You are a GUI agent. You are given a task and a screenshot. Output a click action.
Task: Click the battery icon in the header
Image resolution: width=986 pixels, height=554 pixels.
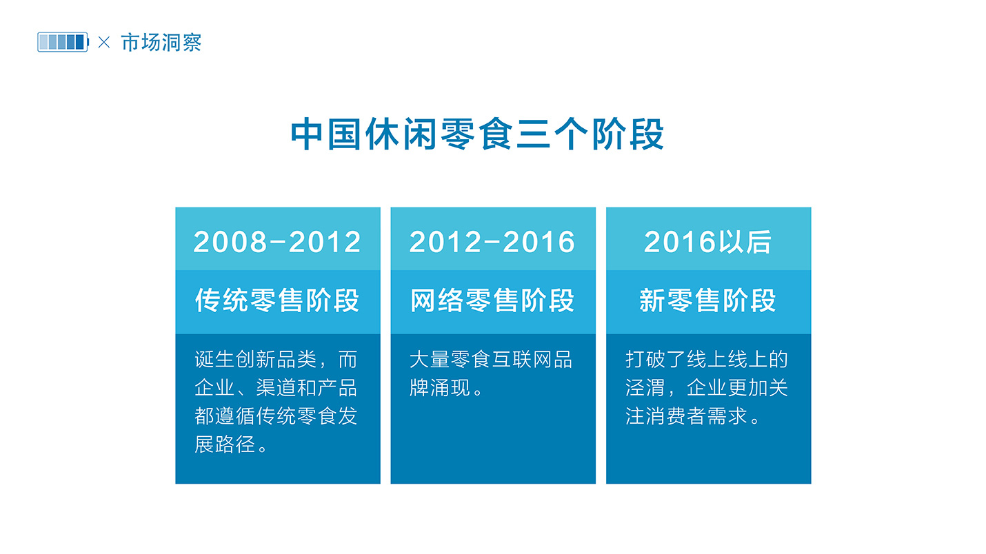click(63, 42)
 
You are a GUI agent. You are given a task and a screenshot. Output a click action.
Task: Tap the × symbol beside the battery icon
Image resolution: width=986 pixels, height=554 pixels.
click(104, 42)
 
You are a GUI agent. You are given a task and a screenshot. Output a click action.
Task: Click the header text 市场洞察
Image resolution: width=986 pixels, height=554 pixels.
click(161, 43)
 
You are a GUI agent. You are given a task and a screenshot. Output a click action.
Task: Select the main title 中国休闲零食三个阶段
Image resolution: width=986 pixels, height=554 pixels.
click(477, 134)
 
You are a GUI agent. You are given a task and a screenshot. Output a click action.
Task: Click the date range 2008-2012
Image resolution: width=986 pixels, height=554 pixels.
click(277, 242)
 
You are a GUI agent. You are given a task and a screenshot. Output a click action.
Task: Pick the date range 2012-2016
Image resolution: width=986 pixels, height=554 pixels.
click(492, 242)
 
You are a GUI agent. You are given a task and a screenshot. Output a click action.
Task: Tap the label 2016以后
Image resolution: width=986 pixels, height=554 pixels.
click(707, 242)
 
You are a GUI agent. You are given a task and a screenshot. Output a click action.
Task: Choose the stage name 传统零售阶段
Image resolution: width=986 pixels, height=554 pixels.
click(277, 300)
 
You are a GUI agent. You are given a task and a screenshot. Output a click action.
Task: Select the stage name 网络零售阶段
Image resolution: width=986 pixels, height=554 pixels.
click(492, 300)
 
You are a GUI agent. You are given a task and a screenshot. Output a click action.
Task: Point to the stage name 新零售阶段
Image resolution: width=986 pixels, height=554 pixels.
click(707, 300)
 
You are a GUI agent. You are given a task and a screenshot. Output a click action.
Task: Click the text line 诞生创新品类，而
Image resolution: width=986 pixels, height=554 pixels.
click(276, 360)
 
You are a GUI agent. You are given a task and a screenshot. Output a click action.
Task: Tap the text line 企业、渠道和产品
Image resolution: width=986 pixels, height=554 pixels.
click(276, 388)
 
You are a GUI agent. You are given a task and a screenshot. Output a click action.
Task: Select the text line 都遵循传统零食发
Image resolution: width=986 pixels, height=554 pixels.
click(276, 415)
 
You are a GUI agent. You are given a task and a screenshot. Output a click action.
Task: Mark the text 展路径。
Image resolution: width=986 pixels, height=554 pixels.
click(231, 444)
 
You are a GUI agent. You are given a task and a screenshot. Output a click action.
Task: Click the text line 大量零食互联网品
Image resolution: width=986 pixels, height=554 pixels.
click(491, 360)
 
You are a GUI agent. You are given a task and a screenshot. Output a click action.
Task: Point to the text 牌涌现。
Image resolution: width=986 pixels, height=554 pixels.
click(446, 388)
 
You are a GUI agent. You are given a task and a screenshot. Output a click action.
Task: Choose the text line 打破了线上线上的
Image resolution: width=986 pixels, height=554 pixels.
click(707, 360)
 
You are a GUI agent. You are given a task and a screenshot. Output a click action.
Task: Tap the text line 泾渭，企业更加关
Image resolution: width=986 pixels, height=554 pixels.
click(707, 388)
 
